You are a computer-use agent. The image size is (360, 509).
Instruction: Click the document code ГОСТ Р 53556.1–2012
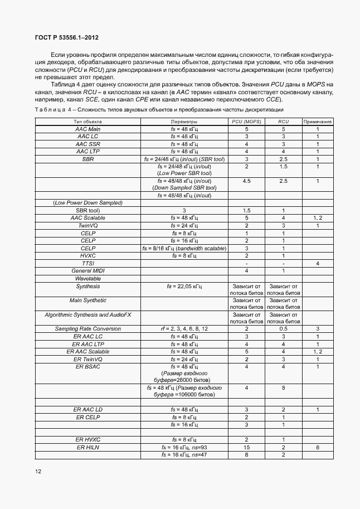pyautogui.click(x=59, y=38)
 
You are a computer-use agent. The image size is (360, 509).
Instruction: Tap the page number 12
pyautogui.click(x=38, y=471)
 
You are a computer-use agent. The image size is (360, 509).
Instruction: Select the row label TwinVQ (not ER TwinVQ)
pyautogui.click(x=87, y=225)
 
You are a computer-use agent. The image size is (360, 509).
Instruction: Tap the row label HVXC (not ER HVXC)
pyautogui.click(x=87, y=255)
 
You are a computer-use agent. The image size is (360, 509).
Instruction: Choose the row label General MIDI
pyautogui.click(x=87, y=270)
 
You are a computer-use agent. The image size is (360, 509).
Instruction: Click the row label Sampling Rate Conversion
pyautogui.click(x=87, y=329)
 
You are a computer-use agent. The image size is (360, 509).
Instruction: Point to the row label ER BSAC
pyautogui.click(x=87, y=366)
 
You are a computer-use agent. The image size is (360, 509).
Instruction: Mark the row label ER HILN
pyautogui.click(x=87, y=447)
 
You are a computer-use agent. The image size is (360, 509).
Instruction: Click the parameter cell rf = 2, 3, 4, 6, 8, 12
pyautogui.click(x=184, y=329)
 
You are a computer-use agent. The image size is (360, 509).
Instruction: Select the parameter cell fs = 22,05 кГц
pyautogui.click(x=184, y=286)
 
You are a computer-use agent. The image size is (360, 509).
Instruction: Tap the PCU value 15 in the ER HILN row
pyautogui.click(x=246, y=447)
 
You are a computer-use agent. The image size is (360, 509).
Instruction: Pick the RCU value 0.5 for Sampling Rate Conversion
pyautogui.click(x=283, y=329)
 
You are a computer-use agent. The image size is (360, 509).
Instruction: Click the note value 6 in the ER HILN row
pyautogui.click(x=318, y=447)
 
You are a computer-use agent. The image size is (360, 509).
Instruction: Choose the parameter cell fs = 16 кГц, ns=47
pyautogui.click(x=184, y=455)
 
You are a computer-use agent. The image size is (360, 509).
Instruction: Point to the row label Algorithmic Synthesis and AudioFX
pyautogui.click(x=87, y=315)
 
